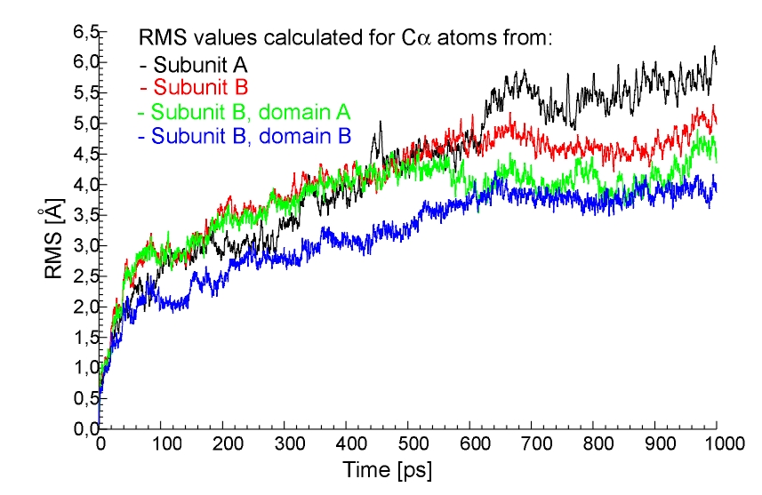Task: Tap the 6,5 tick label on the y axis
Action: (x=77, y=32)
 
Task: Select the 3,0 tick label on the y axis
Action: (x=77, y=245)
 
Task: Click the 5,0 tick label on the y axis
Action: (x=77, y=124)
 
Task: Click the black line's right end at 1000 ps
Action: (x=716, y=60)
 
